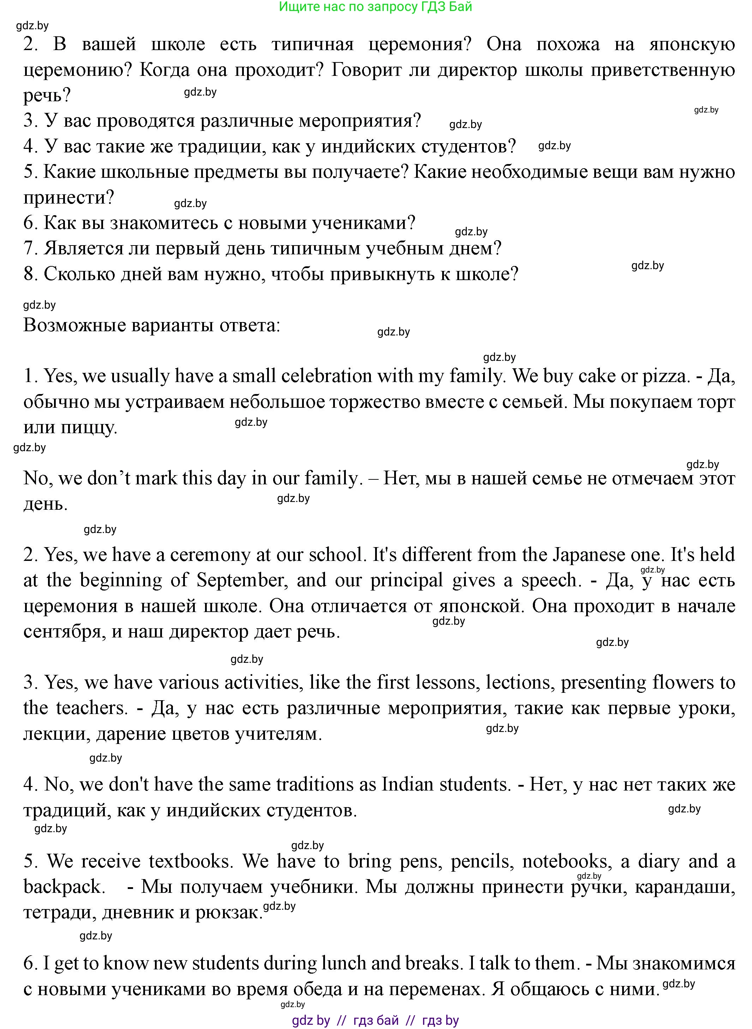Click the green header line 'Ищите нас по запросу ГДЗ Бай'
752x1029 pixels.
click(375, 7)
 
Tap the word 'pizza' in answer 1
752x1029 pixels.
click(664, 376)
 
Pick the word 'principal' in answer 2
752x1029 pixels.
click(407, 580)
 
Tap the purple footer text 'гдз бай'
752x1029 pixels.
click(376, 1020)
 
